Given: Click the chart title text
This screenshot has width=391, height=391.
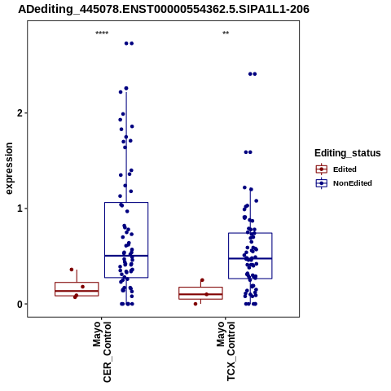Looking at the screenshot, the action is tap(164, 10).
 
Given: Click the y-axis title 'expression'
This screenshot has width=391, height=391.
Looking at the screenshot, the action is tap(9, 169).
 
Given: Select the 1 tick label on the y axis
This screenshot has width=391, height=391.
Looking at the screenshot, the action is tap(20, 209).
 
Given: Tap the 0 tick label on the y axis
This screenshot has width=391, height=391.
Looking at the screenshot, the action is tap(20, 304).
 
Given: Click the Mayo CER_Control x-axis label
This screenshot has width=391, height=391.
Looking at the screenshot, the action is tap(102, 352).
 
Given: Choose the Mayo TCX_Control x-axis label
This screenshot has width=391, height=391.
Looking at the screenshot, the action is tap(226, 351).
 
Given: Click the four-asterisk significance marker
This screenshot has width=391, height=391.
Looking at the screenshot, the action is tap(102, 33).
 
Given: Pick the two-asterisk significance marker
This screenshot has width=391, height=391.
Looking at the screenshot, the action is tap(226, 33).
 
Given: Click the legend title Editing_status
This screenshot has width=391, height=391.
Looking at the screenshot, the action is tap(348, 153).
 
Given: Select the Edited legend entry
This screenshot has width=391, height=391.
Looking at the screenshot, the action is tap(336, 169).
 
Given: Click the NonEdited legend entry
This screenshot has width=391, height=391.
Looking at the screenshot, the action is tap(344, 183).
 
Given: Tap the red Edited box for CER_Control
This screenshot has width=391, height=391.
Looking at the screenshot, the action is tap(77, 289).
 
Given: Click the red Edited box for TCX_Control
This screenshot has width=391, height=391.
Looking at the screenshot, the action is tap(200, 293).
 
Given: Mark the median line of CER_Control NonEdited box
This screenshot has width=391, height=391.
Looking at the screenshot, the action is tap(126, 256).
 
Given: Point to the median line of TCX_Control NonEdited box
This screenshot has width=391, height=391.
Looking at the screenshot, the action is tap(250, 258).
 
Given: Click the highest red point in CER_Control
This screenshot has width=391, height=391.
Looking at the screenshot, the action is tap(72, 270).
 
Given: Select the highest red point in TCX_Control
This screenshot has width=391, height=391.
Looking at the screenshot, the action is tap(202, 280).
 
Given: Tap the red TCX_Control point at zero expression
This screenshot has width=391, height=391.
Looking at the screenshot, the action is tap(195, 304).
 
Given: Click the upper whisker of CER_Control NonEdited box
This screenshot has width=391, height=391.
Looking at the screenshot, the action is tap(126, 147).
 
